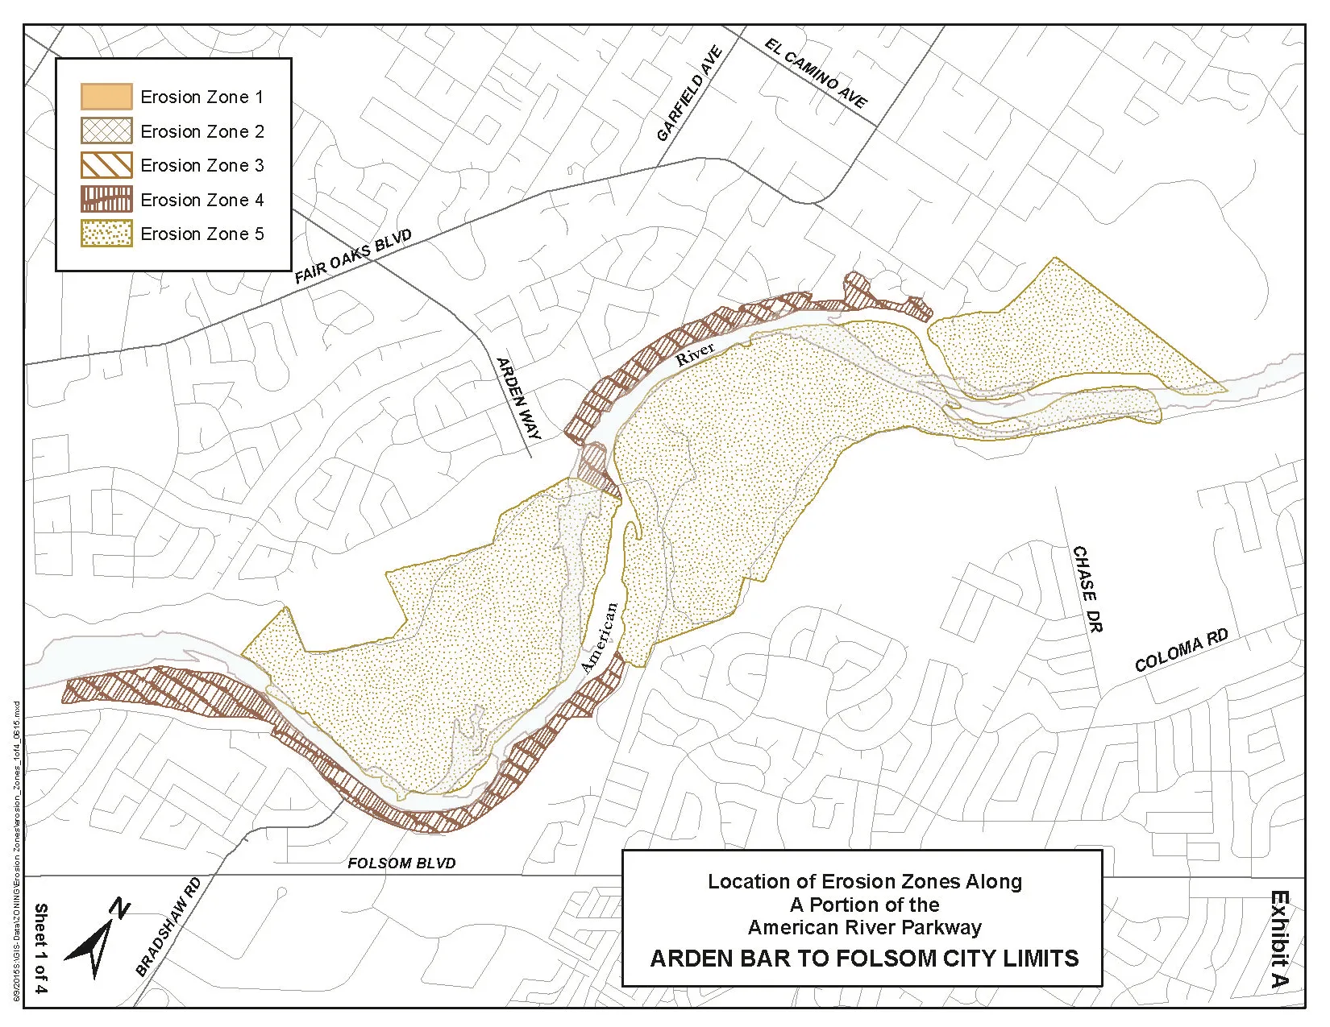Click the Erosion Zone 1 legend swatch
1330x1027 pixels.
[106, 97]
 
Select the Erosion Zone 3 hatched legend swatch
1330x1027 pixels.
[106, 165]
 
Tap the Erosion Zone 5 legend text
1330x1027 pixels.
[202, 234]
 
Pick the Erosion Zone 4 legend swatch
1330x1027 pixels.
[106, 200]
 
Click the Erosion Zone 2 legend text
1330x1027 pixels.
[202, 131]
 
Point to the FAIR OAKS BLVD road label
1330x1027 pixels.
[353, 257]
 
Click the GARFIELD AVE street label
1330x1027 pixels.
[689, 94]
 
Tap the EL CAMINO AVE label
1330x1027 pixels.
[816, 73]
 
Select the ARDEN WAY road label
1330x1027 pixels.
[518, 399]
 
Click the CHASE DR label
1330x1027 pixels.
[1087, 589]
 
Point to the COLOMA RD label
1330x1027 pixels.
[1181, 651]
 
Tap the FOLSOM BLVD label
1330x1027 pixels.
[401, 863]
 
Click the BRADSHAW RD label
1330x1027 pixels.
[168, 927]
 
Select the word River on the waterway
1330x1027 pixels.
[695, 354]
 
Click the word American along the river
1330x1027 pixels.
[600, 638]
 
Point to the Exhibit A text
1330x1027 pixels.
[1278, 938]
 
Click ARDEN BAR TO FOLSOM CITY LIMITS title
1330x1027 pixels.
[864, 959]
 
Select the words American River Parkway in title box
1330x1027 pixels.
[864, 928]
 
